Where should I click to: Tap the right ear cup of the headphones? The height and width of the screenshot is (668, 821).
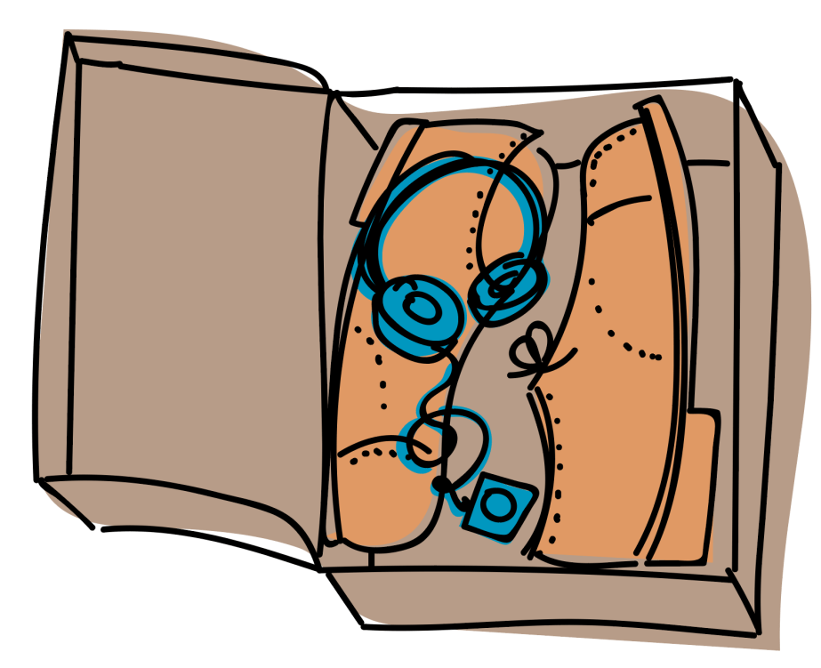[507, 285]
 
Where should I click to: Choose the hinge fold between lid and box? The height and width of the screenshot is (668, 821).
[329, 311]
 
